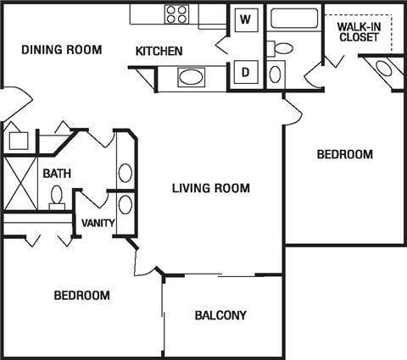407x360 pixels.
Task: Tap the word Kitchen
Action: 159,52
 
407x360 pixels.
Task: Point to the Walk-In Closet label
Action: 359,31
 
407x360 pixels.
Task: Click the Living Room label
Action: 210,188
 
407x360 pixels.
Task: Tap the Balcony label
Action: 220,316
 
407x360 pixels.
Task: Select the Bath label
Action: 57,174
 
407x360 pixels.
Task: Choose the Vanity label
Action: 98,224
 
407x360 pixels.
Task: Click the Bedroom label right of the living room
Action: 344,154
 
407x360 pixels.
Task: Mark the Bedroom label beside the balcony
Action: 81,296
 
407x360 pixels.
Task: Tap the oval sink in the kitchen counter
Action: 192,78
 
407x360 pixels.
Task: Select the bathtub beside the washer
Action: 293,18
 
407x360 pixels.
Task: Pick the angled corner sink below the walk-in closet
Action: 384,69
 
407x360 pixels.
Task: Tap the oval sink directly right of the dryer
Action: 276,73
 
